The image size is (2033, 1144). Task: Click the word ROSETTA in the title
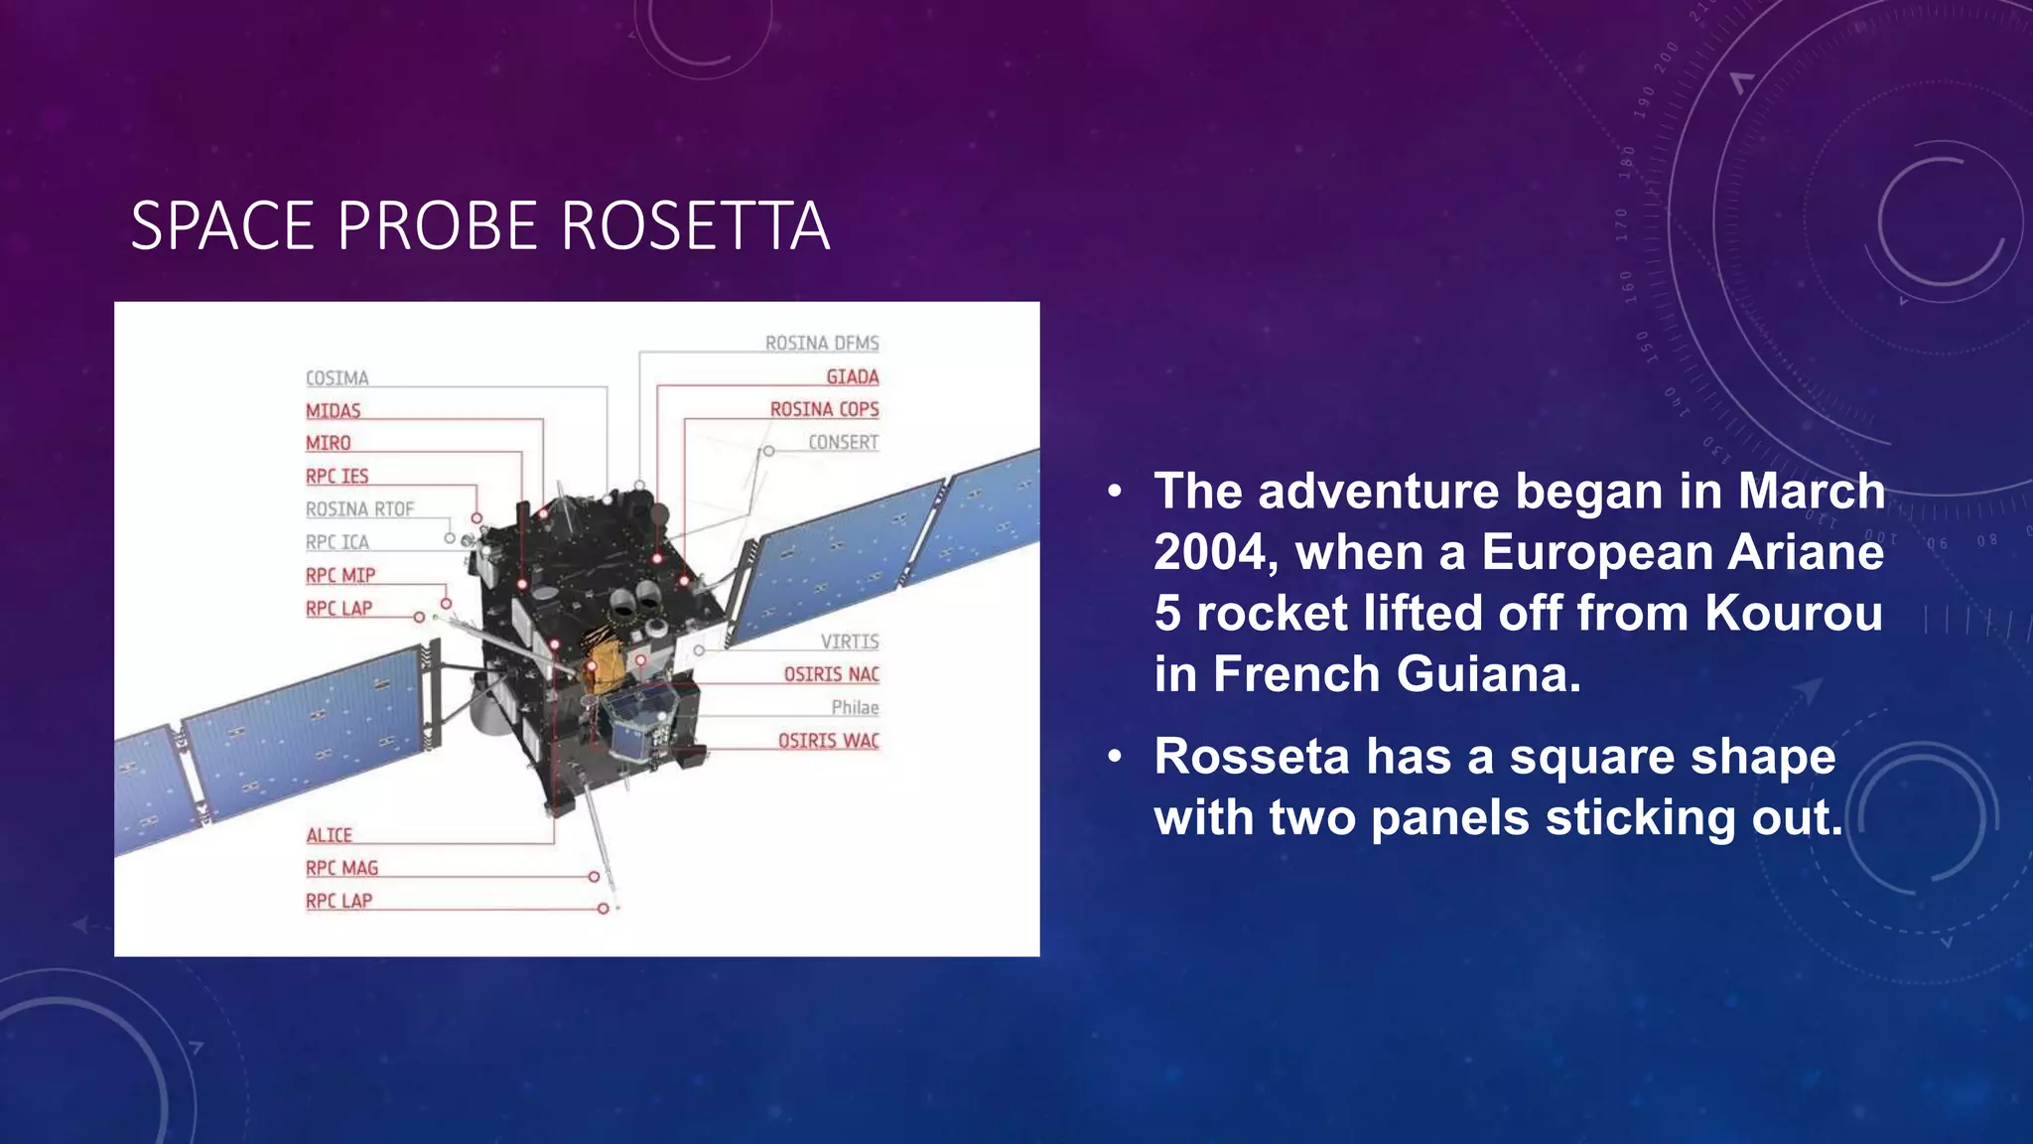coord(695,225)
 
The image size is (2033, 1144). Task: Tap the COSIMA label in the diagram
coord(337,378)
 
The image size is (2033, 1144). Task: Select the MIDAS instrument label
coord(333,411)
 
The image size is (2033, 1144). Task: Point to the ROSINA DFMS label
coord(822,344)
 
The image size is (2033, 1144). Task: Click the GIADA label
coord(853,377)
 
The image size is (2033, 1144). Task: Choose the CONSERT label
coord(843,443)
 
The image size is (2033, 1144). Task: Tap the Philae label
coord(855,708)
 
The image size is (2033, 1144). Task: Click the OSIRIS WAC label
coord(828,741)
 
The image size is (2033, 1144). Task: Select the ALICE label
coord(329,836)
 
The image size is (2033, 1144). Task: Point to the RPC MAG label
coord(341,869)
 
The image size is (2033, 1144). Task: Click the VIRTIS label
coord(849,643)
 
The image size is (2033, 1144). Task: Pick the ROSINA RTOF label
coord(359,509)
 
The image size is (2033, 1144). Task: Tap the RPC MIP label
coord(340,576)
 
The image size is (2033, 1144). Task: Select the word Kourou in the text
coord(1793,613)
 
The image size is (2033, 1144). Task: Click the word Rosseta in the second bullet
coord(1251,757)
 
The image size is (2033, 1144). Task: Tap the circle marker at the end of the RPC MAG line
coord(594,877)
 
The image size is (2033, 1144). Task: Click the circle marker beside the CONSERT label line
coord(768,451)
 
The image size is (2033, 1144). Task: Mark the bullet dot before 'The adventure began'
coord(1116,492)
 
